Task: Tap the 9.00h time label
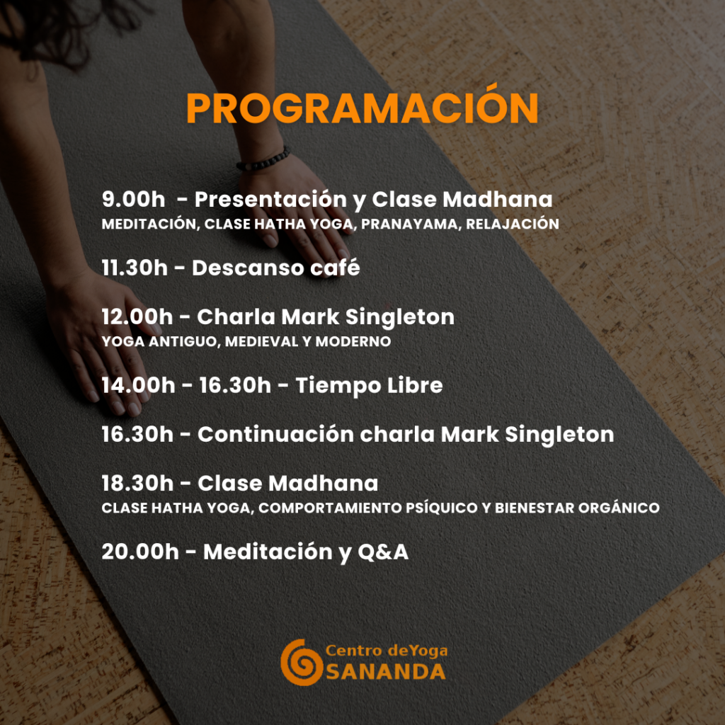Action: [x=133, y=199]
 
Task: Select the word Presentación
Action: [x=270, y=199]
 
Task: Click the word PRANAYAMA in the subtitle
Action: [x=409, y=224]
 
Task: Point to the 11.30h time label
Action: [x=135, y=268]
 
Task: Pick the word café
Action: [x=335, y=267]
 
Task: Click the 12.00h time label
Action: [x=137, y=316]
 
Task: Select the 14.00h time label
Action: [x=138, y=385]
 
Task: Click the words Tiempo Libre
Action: [x=369, y=386]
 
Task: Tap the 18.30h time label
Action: [x=138, y=483]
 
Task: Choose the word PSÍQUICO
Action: [x=442, y=507]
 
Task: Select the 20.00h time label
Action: [x=140, y=552]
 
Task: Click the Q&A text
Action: [x=383, y=552]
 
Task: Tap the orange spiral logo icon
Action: [x=302, y=662]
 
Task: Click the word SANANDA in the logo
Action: [x=386, y=672]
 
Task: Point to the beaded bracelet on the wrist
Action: [x=263, y=161]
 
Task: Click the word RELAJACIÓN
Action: [x=513, y=224]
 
